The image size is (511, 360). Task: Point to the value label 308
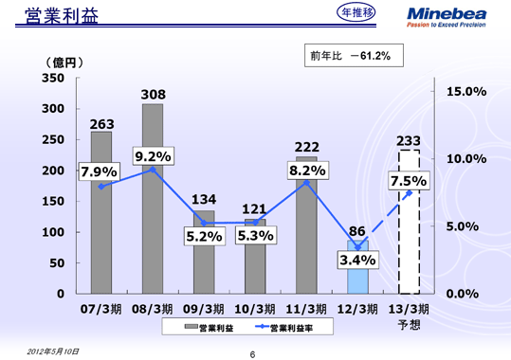(x=153, y=95)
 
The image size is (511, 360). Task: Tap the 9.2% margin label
(x=153, y=156)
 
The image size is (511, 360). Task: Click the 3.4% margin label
(x=356, y=259)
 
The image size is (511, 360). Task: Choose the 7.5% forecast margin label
(x=409, y=181)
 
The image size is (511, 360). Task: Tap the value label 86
(x=356, y=230)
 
